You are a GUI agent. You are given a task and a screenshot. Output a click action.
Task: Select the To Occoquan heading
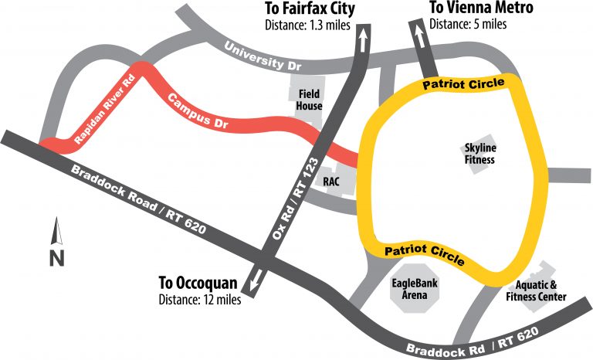(200, 282)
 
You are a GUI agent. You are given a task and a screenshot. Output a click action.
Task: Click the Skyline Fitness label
(479, 154)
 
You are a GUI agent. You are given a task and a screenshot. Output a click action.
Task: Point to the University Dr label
(262, 56)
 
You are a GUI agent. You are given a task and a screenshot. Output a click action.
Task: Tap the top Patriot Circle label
(463, 82)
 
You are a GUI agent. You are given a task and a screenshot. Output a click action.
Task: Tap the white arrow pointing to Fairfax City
(360, 39)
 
